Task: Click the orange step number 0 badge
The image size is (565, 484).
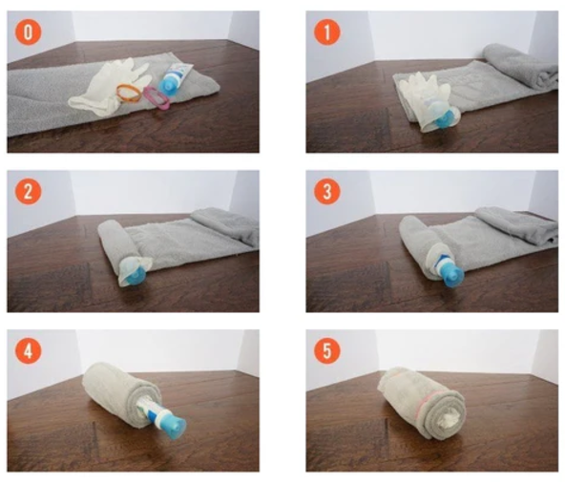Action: (30, 33)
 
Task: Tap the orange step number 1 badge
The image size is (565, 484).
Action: (328, 33)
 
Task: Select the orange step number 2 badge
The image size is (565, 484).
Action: (30, 192)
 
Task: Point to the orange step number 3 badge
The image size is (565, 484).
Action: (328, 192)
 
